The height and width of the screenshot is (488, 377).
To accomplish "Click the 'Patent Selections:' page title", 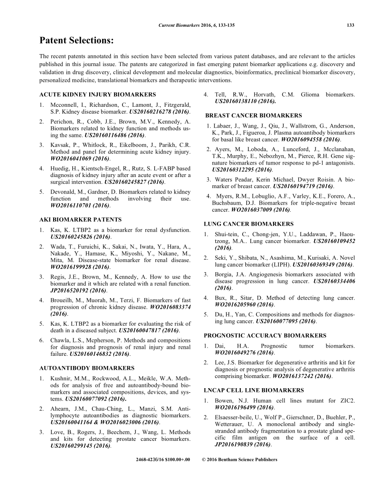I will pyautogui.click(x=77, y=41).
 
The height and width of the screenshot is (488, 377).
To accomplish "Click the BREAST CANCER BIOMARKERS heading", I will pyautogui.click(x=247, y=116).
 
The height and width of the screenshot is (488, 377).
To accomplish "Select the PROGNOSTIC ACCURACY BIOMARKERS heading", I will pyautogui.click(x=265, y=335).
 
